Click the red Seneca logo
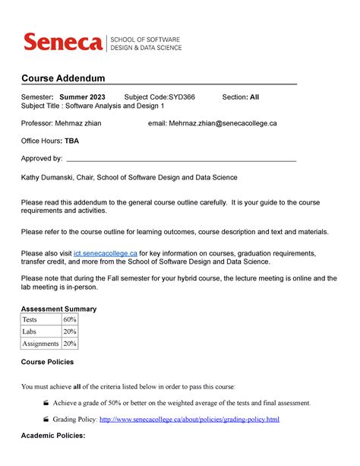click(x=63, y=42)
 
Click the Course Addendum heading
click(x=62, y=79)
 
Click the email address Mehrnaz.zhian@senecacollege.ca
click(x=223, y=122)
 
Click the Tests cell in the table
click(x=33, y=320)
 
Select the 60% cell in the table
click(x=70, y=320)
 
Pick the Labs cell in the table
click(x=30, y=331)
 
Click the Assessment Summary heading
click(x=58, y=309)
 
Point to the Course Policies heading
click(x=47, y=362)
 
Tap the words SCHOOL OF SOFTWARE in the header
click(x=147, y=38)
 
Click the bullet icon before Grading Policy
click(x=46, y=419)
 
